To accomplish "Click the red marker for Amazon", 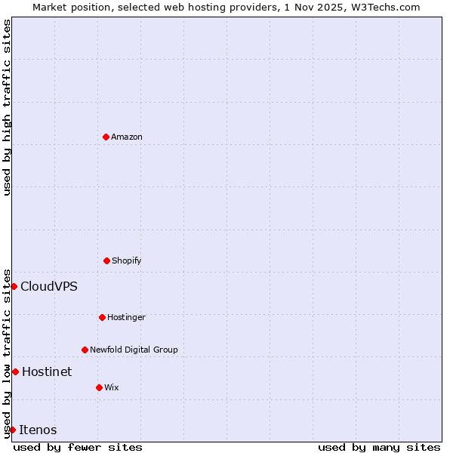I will coord(106,137).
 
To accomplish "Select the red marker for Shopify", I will coord(106,260).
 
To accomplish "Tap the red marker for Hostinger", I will coord(102,317).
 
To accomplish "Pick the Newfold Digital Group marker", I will coord(85,350).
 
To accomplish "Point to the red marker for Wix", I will coord(99,387).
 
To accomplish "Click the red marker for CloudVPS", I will coord(14,286).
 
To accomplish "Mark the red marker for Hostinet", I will coord(15,371).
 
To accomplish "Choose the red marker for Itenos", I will coord(12,430).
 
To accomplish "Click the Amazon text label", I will coord(127,137).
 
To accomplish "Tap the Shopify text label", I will coord(127,260).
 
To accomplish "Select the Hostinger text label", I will coord(126,317).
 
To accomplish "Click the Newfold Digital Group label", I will coord(134,350).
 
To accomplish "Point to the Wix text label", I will coord(112,387).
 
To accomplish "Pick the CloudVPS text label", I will coord(49,286).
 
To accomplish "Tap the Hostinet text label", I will coord(47,371).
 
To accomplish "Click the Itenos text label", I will coord(38,430).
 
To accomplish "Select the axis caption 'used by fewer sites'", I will coord(78,447).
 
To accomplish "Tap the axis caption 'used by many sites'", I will coord(379,447).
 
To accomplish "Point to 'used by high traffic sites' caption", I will coord(7,107).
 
